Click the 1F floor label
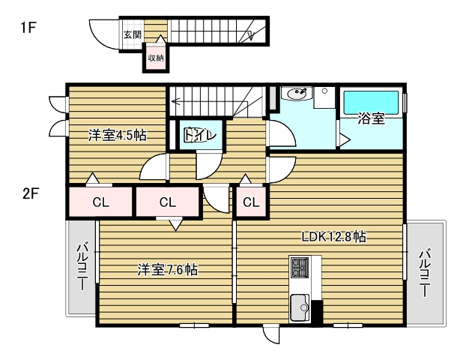[28, 29]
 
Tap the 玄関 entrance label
[132, 34]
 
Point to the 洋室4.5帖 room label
[116, 136]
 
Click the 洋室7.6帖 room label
[167, 269]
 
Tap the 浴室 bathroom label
[371, 118]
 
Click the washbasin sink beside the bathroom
[296, 95]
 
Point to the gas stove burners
[300, 266]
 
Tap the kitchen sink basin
[300, 307]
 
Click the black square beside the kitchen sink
[316, 312]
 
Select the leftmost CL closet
[100, 201]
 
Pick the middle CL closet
[167, 201]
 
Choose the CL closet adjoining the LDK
[251, 201]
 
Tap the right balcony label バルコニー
[425, 273]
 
